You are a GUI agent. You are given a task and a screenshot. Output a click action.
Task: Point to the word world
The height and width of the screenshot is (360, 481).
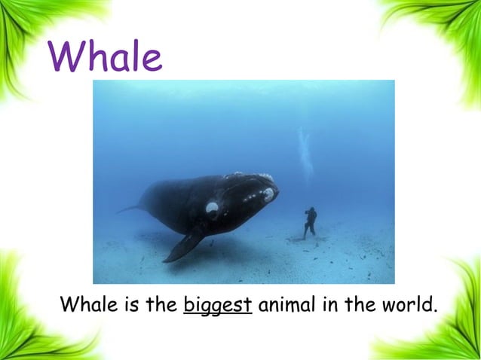[407, 306]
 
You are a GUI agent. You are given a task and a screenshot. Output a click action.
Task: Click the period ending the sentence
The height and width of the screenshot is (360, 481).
[435, 311]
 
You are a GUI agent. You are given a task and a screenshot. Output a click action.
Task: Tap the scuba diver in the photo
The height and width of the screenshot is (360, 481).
[309, 221]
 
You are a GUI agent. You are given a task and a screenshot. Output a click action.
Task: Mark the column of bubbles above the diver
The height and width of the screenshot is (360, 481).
[305, 154]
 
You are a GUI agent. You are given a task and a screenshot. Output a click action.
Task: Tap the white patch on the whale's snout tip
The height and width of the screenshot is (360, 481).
[268, 194]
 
